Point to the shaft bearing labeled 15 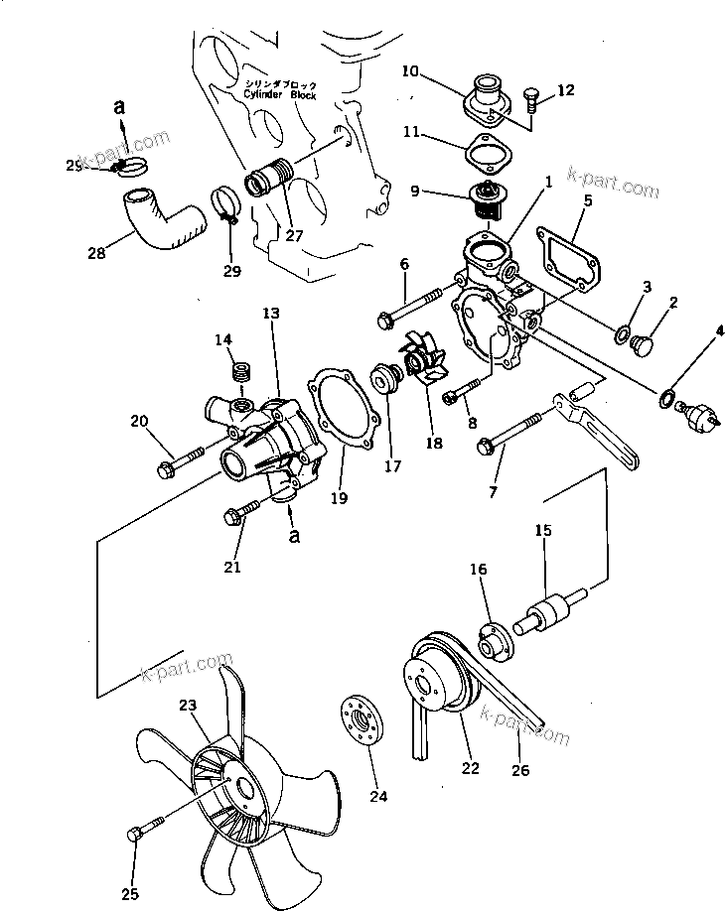tap(549, 610)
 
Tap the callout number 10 tap(412, 71)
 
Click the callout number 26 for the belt tap(519, 769)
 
